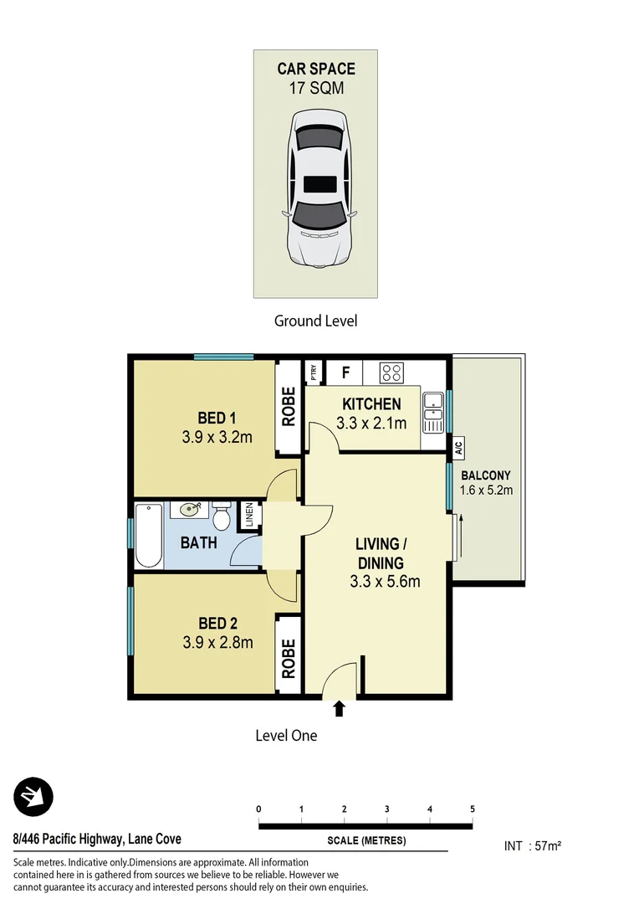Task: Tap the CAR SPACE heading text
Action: pyautogui.click(x=316, y=69)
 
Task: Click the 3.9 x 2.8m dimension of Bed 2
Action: pyautogui.click(x=217, y=643)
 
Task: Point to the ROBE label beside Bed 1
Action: pyautogui.click(x=289, y=407)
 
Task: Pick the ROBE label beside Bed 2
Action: pyautogui.click(x=289, y=658)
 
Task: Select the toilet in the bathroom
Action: pyautogui.click(x=222, y=515)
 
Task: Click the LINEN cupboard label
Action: pyautogui.click(x=249, y=516)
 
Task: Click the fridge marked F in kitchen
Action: pyautogui.click(x=344, y=371)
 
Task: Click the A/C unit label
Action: pyautogui.click(x=459, y=447)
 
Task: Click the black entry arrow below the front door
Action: pyautogui.click(x=339, y=710)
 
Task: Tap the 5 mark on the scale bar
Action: pyautogui.click(x=473, y=809)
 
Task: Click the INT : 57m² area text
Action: pyautogui.click(x=532, y=846)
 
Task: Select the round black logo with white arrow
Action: pyautogui.click(x=33, y=797)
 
